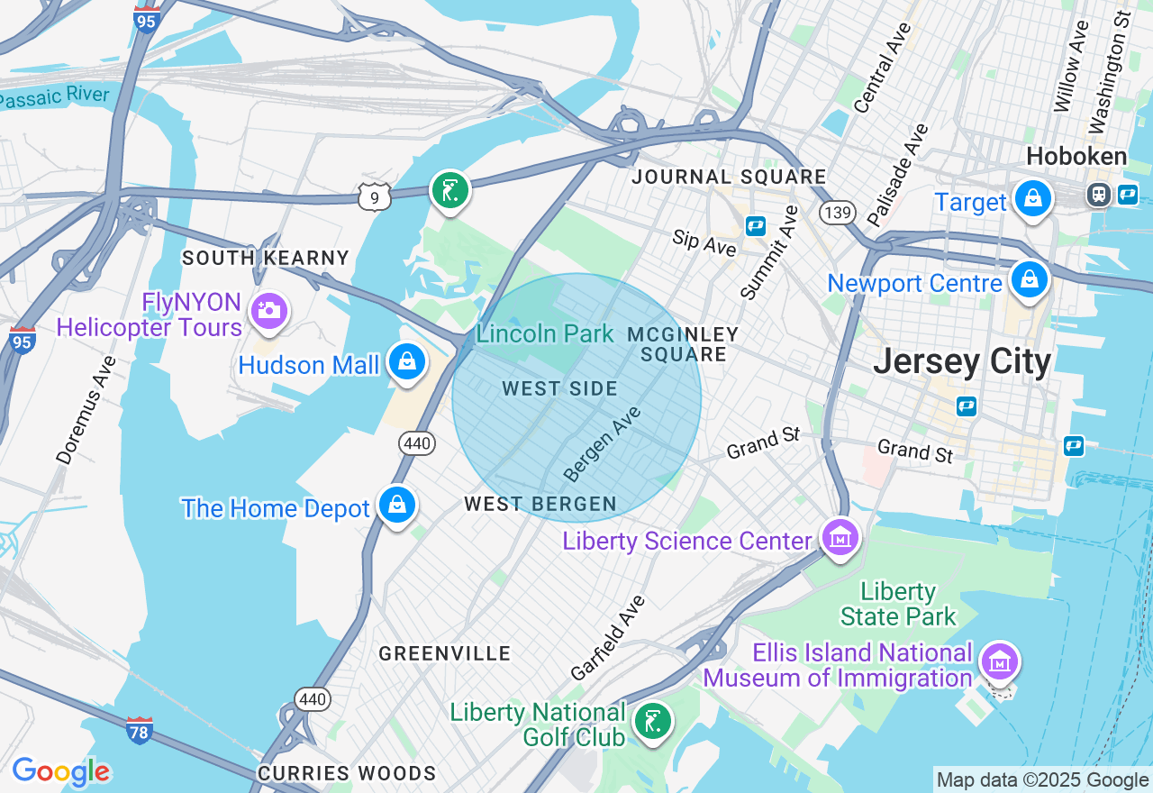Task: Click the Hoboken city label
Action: click(x=1076, y=157)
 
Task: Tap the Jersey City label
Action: click(x=962, y=362)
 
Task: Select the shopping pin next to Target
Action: click(x=1032, y=199)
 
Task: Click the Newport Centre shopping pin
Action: click(x=1028, y=280)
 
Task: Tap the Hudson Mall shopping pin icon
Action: click(x=406, y=362)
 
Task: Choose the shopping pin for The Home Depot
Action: click(x=396, y=505)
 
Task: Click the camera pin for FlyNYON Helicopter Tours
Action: click(x=268, y=311)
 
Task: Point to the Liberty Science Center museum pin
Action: click(x=840, y=538)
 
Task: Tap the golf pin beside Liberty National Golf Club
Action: click(x=651, y=722)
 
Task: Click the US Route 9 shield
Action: click(x=374, y=196)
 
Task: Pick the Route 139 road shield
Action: click(x=837, y=213)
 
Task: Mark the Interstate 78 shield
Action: click(x=139, y=730)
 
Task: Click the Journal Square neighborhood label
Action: click(x=729, y=177)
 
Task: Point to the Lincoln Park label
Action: click(x=544, y=334)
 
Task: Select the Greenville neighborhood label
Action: click(x=445, y=653)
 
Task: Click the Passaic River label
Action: click(x=54, y=96)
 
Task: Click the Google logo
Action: click(x=60, y=771)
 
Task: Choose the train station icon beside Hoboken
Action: click(x=1098, y=194)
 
